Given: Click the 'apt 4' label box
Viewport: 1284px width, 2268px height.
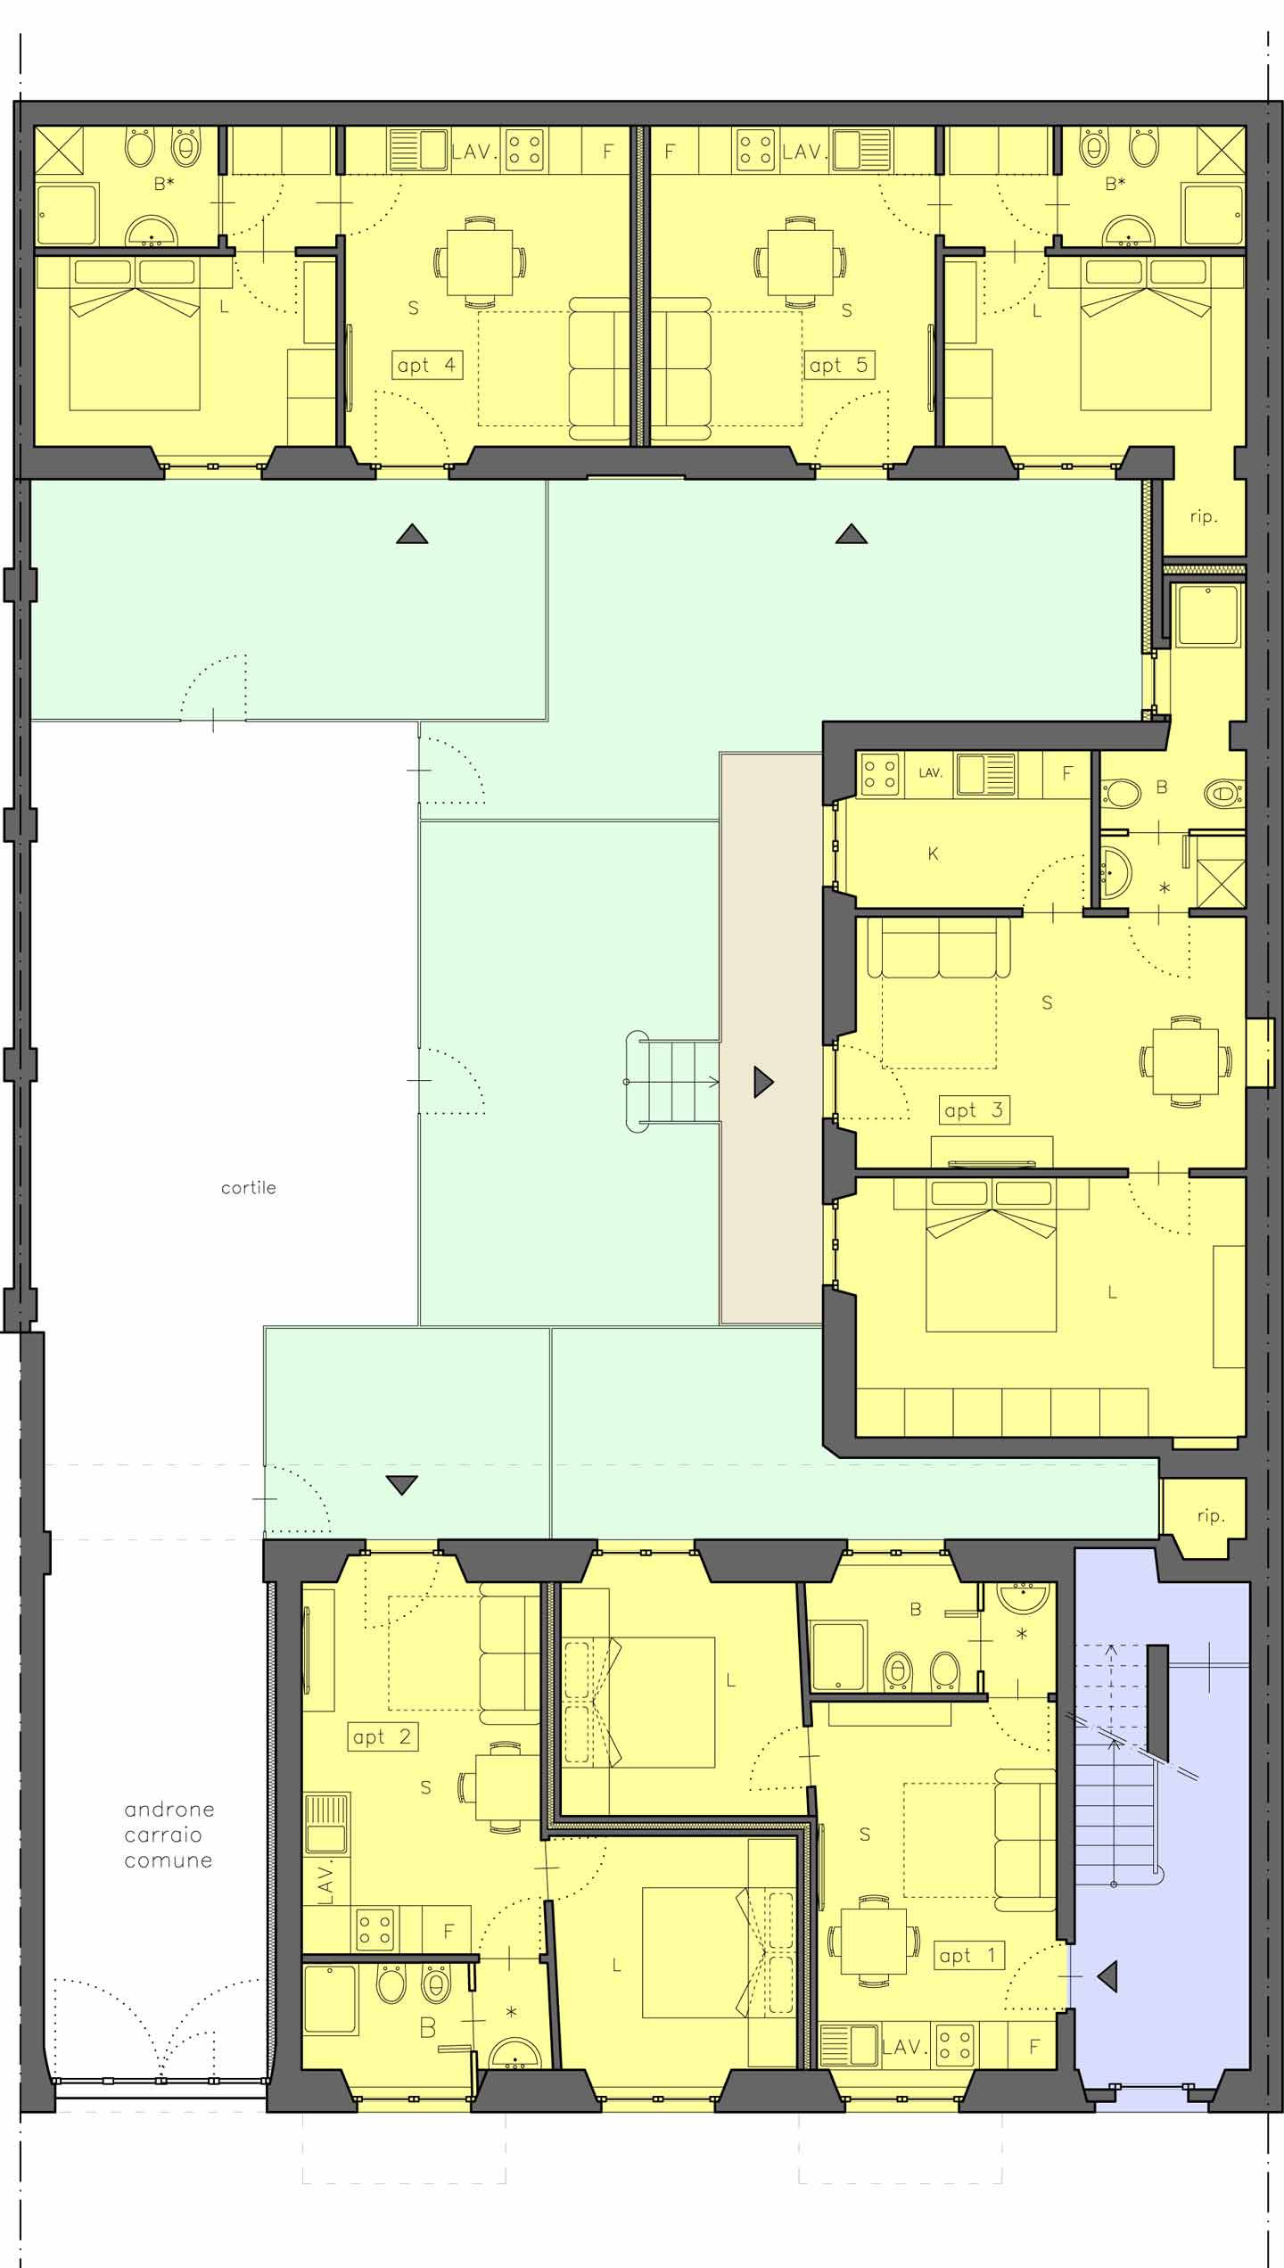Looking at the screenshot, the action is click(x=427, y=365).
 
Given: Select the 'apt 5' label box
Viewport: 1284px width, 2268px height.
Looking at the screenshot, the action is click(x=838, y=365).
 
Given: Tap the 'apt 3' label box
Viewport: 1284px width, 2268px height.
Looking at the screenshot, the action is click(x=974, y=1110).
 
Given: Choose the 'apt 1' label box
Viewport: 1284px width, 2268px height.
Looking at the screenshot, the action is click(x=968, y=1956).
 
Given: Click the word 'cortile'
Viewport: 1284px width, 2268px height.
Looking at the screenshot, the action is click(x=249, y=1188).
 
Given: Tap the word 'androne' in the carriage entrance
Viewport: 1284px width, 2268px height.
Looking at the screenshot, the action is click(x=169, y=1810).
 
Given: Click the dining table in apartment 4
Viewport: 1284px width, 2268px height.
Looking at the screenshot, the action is click(x=480, y=261).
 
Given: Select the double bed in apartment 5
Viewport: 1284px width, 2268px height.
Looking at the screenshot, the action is click(x=1146, y=334).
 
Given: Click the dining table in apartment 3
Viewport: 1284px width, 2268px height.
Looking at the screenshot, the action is click(x=1186, y=1061).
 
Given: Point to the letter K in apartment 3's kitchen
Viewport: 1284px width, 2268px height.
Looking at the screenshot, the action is click(x=933, y=854).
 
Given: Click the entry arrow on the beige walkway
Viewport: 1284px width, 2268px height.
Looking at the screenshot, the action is click(x=763, y=1082).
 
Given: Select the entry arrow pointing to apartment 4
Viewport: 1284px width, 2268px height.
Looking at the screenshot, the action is click(x=412, y=534).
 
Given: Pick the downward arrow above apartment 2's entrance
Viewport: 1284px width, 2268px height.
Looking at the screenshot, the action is click(x=402, y=1485).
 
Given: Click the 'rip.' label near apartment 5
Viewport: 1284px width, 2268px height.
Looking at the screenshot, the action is click(x=1204, y=516).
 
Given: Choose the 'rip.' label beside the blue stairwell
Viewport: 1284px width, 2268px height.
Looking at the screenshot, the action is click(x=1210, y=1515).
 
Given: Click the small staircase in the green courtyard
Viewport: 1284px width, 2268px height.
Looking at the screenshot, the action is click(x=675, y=1082).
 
